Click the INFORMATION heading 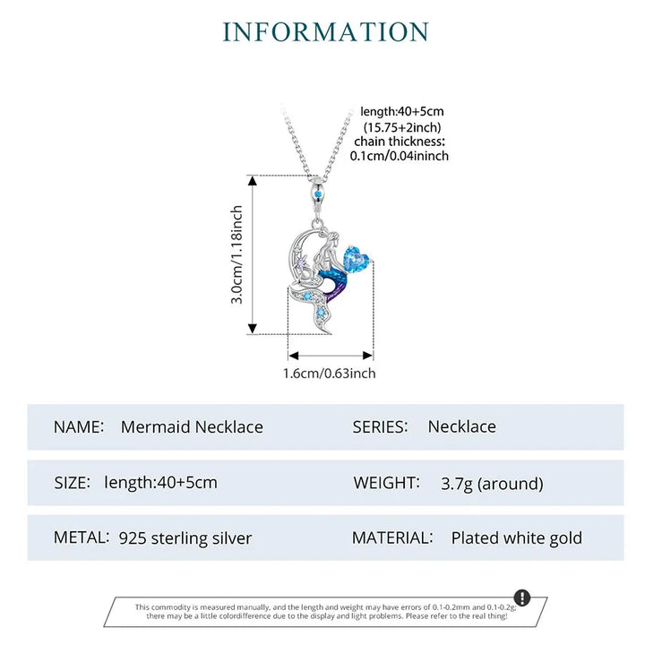point(325,32)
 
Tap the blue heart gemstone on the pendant point(357,259)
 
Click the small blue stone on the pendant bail point(317,193)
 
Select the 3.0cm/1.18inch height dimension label point(236,254)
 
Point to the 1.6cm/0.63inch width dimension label point(329,373)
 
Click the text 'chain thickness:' point(400,142)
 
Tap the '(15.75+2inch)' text point(402,126)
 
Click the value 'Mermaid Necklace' point(192,426)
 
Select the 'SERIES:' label point(380,426)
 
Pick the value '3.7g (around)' point(492,484)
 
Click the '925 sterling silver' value point(185,538)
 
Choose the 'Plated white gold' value point(517,538)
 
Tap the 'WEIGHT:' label point(387,483)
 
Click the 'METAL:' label point(82,537)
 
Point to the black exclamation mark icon point(522,598)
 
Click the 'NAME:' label point(79,426)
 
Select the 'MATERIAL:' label point(392,537)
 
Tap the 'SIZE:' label point(72,483)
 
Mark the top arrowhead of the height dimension point(253,181)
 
